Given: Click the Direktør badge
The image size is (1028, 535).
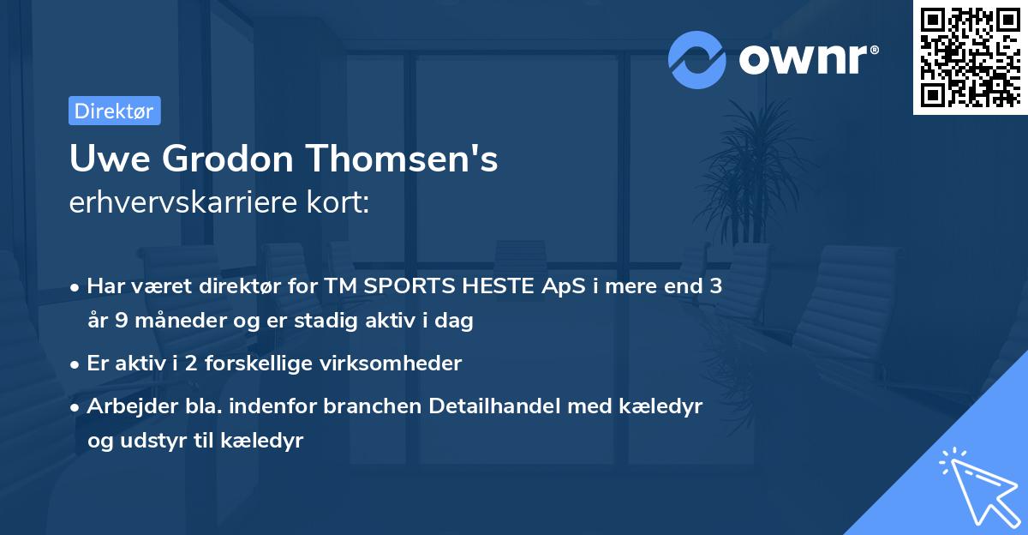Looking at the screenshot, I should click(x=114, y=111).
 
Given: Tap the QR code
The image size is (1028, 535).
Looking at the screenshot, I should click(x=970, y=57).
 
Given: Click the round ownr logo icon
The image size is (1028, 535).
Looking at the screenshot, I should click(x=697, y=59).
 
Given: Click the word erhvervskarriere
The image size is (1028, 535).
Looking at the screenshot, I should click(x=176, y=203).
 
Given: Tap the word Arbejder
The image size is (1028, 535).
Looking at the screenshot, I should click(x=126, y=406).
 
